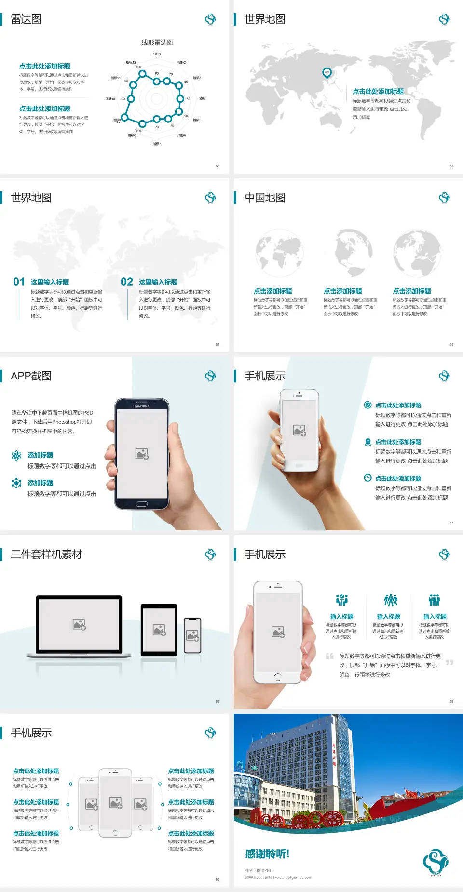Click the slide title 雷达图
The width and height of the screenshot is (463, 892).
[x=26, y=19]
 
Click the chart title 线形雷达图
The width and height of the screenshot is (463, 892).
[x=157, y=42]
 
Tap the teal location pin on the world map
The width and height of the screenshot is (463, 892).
[x=327, y=73]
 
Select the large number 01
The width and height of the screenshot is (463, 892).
[x=19, y=282]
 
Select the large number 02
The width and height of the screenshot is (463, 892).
[x=127, y=282]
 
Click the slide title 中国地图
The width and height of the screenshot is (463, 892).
[x=265, y=198]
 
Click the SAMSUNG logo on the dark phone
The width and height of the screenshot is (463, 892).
[x=142, y=406]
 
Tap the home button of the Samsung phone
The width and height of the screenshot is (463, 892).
[x=141, y=504]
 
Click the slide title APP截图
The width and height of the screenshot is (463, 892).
[x=31, y=376]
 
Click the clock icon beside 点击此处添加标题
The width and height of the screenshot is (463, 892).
[x=368, y=478]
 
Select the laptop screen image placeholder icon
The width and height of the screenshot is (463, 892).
[x=79, y=624]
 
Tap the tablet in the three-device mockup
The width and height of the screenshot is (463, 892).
[x=159, y=629]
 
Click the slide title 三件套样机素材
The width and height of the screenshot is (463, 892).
[x=46, y=554]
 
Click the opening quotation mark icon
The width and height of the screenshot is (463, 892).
[x=329, y=656]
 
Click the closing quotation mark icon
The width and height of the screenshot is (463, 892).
[x=449, y=662]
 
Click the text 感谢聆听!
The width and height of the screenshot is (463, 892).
[x=267, y=854]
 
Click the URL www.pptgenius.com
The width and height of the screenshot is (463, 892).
[x=294, y=878]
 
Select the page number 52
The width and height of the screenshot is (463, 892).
[x=218, y=166]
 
